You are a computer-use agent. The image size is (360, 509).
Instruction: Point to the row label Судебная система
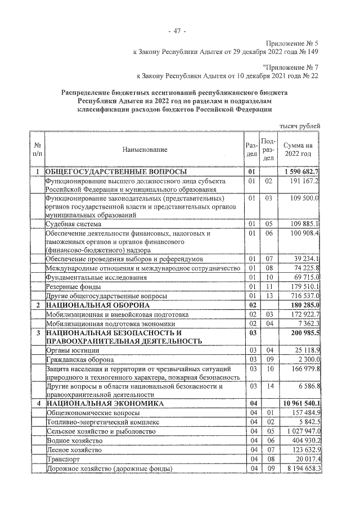pos(73,223)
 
